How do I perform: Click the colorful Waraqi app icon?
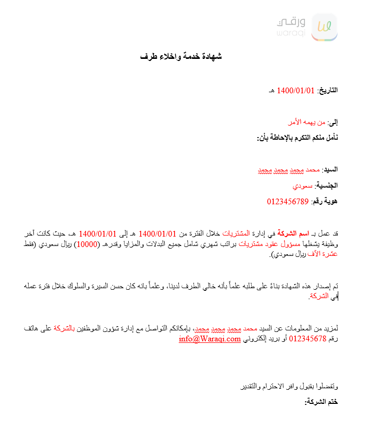click(x=324, y=27)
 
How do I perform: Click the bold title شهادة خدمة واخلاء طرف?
click(x=181, y=56)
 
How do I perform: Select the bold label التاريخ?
click(x=328, y=90)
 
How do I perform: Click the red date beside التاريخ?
click(x=296, y=90)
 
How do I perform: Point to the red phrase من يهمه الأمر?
click(x=306, y=122)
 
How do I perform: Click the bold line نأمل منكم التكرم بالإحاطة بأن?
click(x=297, y=138)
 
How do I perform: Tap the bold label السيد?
click(x=330, y=170)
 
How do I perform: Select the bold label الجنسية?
click(x=327, y=186)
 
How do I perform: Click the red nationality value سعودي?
click(x=303, y=186)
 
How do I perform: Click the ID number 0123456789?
click(x=288, y=201)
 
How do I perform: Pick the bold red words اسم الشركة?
click(x=293, y=233)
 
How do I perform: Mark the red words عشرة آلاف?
click(x=327, y=254)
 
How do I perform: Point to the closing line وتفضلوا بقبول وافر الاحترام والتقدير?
click(x=289, y=386)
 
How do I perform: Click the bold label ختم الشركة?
click(x=321, y=402)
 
